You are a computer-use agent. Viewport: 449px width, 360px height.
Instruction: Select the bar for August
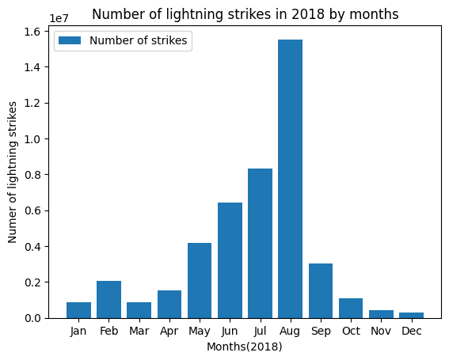(x=290, y=179)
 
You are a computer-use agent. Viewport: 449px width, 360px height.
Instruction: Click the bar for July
(x=260, y=243)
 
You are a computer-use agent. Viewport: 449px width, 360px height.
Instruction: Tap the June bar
(x=230, y=260)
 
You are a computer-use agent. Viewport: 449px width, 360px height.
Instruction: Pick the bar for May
(x=200, y=280)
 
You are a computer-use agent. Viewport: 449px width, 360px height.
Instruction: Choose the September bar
(x=321, y=290)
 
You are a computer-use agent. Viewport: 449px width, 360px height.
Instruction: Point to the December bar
(x=411, y=315)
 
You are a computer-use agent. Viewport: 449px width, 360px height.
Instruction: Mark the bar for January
(x=78, y=310)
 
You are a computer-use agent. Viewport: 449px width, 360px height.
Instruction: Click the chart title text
(x=245, y=14)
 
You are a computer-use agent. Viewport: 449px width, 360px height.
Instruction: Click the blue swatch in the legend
(x=71, y=41)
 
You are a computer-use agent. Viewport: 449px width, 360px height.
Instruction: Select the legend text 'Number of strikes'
(x=139, y=41)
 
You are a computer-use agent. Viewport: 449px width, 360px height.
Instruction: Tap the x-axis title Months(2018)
(x=245, y=347)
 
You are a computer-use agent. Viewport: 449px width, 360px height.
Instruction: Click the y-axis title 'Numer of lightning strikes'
(x=13, y=173)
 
